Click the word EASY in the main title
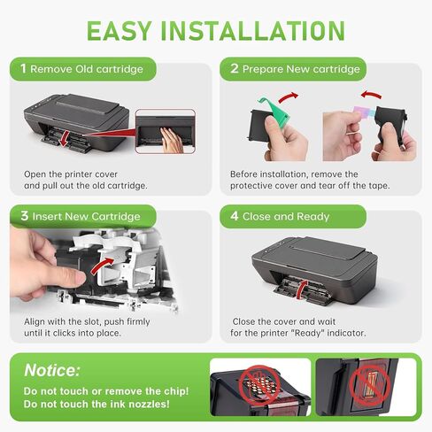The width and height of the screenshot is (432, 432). pos(120,30)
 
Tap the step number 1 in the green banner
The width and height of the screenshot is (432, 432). pos(23,68)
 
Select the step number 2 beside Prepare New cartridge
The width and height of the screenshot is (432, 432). pos(235,68)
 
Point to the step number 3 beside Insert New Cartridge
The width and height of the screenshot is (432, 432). pos(25,216)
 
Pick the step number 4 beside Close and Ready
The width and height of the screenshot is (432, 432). pos(235,216)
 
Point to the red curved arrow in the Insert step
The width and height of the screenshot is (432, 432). pos(102,265)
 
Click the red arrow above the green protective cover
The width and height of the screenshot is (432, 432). pos(289,96)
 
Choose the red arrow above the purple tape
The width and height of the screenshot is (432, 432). pos(371,95)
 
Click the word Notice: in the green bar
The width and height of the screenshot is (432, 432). pos(52,370)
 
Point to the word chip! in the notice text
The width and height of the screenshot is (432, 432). pos(176,391)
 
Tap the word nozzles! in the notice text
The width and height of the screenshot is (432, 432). pos(150,404)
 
